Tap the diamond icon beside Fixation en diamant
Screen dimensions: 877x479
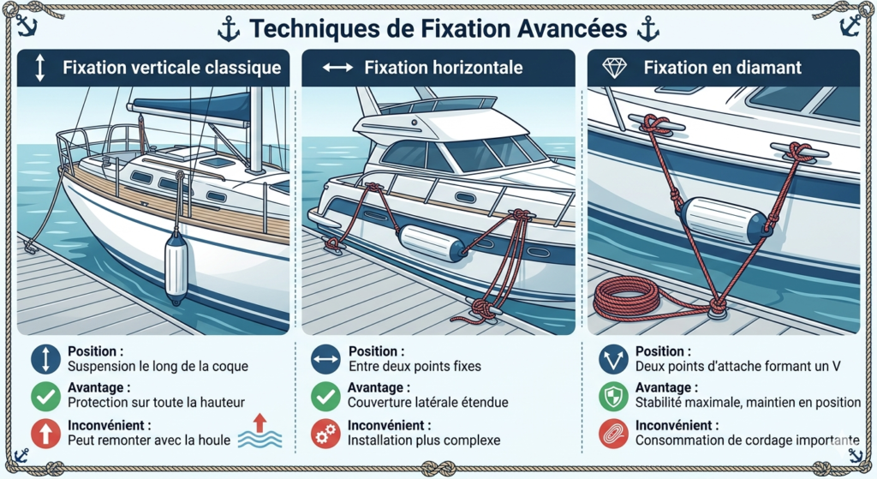click(x=614, y=69)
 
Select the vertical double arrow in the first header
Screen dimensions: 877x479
click(x=39, y=68)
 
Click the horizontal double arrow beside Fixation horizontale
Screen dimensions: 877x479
click(x=337, y=68)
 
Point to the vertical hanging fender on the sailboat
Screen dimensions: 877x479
click(x=176, y=266)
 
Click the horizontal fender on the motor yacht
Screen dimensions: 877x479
click(x=432, y=243)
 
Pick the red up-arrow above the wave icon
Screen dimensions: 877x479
click(x=259, y=422)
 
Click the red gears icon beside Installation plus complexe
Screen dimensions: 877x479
click(x=325, y=434)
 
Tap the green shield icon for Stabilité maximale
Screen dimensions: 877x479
click(x=613, y=397)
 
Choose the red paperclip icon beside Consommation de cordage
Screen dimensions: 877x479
click(x=613, y=434)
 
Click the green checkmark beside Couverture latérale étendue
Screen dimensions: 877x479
click(x=325, y=397)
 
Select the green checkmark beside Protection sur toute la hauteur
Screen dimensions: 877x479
click(x=46, y=397)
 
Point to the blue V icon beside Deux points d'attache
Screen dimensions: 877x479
click(x=613, y=359)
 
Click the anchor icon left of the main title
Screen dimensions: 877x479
click(x=228, y=29)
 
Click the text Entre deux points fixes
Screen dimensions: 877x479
click(x=415, y=367)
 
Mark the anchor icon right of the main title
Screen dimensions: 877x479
click(x=647, y=29)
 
